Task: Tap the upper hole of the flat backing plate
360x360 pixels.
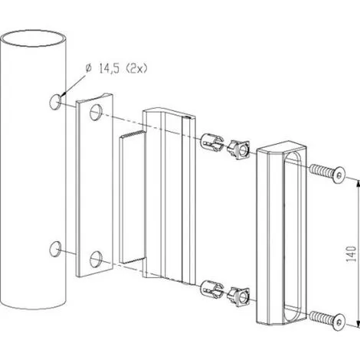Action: [96, 113]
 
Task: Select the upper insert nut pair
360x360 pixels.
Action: [226, 144]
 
